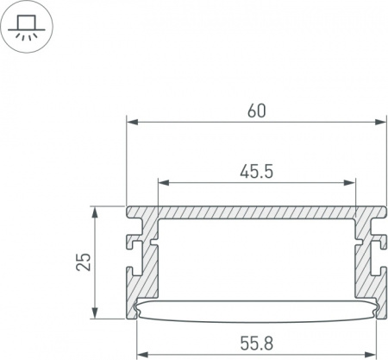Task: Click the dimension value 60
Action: coord(257,111)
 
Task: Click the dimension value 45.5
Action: coord(256,172)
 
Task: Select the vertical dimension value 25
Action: coord(84,262)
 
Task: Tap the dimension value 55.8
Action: coord(256,343)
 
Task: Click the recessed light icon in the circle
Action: coord(27,27)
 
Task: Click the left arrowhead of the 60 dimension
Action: coord(133,122)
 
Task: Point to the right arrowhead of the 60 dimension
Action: coord(380,122)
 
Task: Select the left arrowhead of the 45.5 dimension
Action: coord(164,182)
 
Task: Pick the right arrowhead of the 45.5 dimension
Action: coord(349,182)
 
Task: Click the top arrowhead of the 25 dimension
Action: coord(95,212)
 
